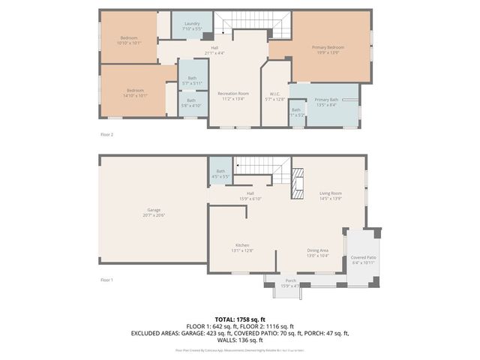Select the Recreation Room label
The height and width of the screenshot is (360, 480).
coord(233,96)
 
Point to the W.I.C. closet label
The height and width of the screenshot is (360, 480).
coord(274,96)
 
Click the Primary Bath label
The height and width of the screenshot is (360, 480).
coord(326,103)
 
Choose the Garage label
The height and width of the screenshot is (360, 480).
coord(153,212)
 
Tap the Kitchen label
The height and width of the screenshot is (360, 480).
coord(243,248)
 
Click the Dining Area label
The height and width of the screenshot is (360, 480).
coord(318,253)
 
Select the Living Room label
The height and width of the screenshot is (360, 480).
coord(331,196)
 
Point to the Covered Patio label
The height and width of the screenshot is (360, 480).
coord(363,259)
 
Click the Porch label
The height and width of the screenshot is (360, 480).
coord(289,283)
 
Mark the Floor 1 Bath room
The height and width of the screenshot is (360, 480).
coord(220,174)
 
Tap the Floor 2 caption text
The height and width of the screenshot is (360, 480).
coord(106,134)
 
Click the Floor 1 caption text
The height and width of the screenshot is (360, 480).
coord(106,280)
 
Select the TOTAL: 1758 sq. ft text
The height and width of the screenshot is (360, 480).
coord(240,319)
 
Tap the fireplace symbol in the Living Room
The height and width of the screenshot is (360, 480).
coord(298,182)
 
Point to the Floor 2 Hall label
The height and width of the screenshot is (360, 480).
coord(214,50)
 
